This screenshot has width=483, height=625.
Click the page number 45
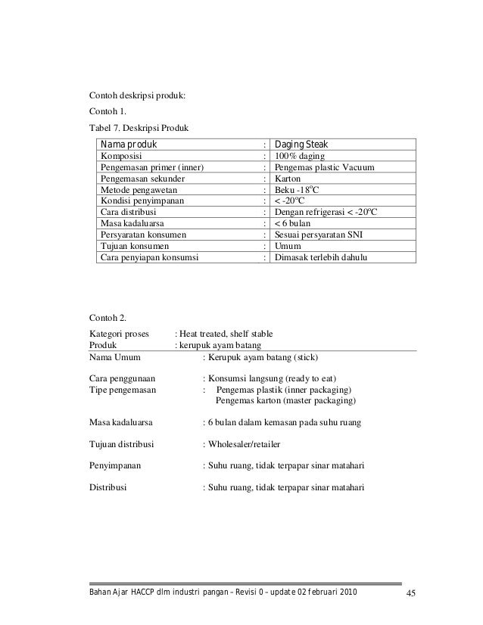coord(412,592)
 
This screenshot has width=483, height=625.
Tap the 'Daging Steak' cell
coord(301,145)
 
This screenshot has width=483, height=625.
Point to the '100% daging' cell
coord(297,156)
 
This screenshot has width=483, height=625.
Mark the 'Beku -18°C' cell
coord(295,190)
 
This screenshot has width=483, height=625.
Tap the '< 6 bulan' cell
coord(293,224)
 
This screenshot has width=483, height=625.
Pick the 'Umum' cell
coord(286,247)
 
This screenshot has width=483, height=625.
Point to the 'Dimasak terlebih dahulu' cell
coord(320,258)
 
